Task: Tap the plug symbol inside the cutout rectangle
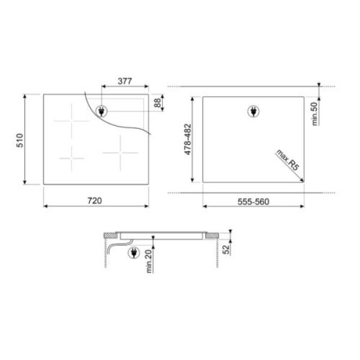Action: tap(252, 110)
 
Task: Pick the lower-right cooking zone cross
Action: tap(121, 151)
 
